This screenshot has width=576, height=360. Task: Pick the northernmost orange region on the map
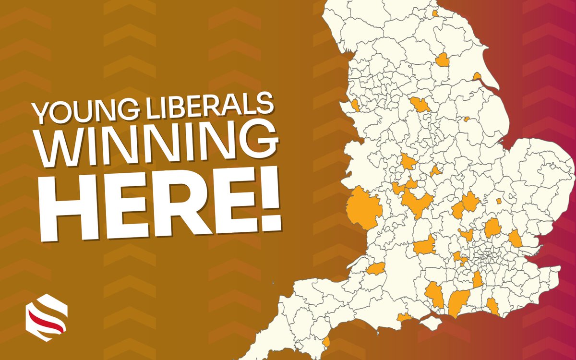point(435,13)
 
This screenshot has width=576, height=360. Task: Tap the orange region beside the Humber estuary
point(477,76)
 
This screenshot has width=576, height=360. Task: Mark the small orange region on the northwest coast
point(355,105)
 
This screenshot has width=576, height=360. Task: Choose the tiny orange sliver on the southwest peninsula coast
point(326,342)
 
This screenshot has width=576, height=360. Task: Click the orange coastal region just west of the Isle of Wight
point(406,317)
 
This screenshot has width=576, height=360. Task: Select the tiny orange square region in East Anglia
point(498,201)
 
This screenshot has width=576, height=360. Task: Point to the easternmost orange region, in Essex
point(515,238)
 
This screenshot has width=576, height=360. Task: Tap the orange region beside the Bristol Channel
point(376,269)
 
